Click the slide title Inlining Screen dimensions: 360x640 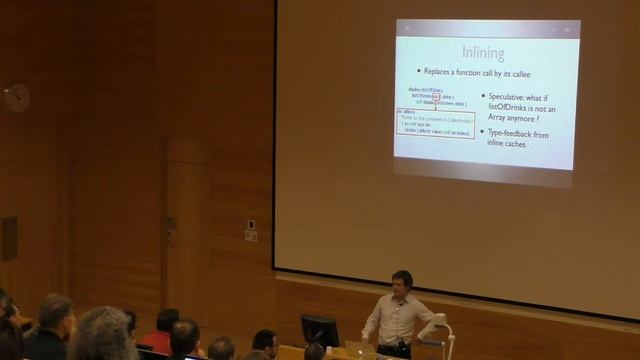click(483, 52)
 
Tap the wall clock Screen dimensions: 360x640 click(16, 97)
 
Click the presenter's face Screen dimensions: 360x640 click(402, 284)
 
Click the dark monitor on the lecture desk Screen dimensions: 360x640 click(320, 330)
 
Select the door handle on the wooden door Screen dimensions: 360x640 click(172, 226)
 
